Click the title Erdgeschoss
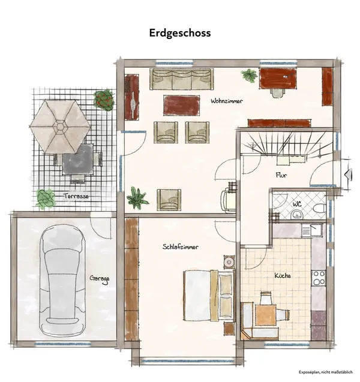coord(180,33)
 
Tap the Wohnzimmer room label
coord(227,102)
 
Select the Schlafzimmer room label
coord(181,247)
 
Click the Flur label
coord(281,176)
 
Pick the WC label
coord(296,204)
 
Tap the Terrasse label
coord(76,196)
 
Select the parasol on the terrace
coord(60,127)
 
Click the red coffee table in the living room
coord(182,105)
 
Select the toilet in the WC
coord(319,209)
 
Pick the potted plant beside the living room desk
coord(248,76)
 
